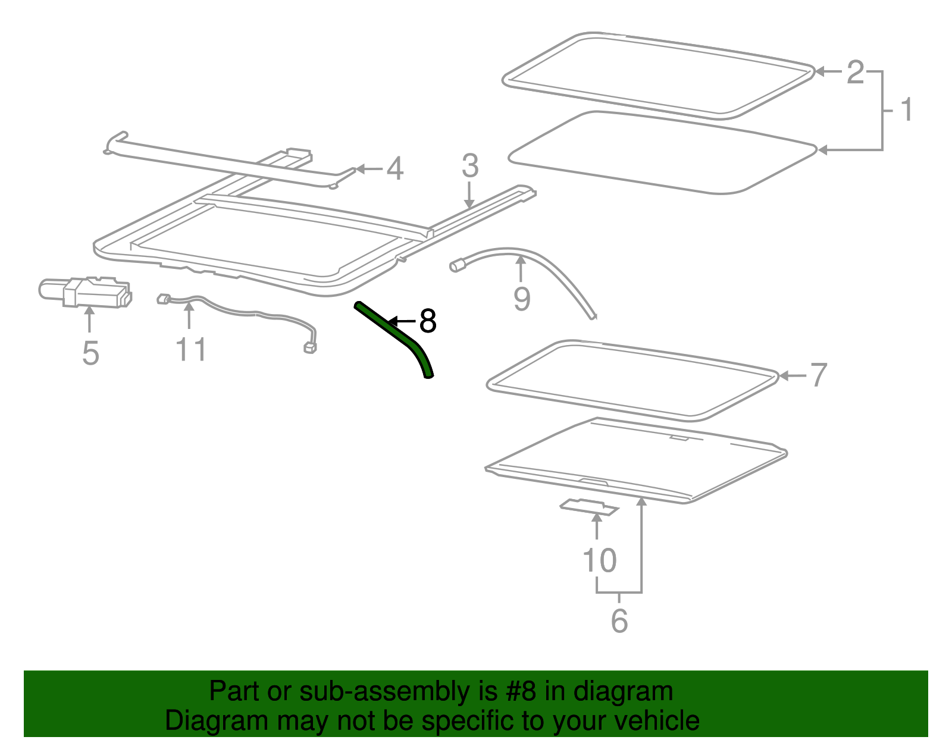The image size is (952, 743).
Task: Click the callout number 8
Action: coord(428,321)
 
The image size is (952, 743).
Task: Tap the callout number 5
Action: coord(90,353)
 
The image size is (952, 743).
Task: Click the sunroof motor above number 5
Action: coord(86,292)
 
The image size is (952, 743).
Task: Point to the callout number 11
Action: coord(190,349)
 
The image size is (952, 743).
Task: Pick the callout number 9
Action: coord(522,299)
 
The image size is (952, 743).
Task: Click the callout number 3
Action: coord(470,166)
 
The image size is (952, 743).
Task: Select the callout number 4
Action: coord(394,169)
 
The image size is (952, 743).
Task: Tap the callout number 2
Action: coord(855,73)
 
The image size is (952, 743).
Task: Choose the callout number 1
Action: coord(907,109)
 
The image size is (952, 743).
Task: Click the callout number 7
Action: coord(818,375)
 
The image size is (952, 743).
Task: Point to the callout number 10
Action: coord(599,560)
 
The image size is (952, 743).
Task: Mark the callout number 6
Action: coord(619,621)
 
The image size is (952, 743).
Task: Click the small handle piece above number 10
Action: coord(589,507)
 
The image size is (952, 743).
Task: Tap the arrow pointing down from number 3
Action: coord(469,195)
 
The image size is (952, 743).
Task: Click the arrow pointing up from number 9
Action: coord(521,269)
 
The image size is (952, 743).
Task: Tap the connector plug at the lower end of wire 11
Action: coord(310,348)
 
